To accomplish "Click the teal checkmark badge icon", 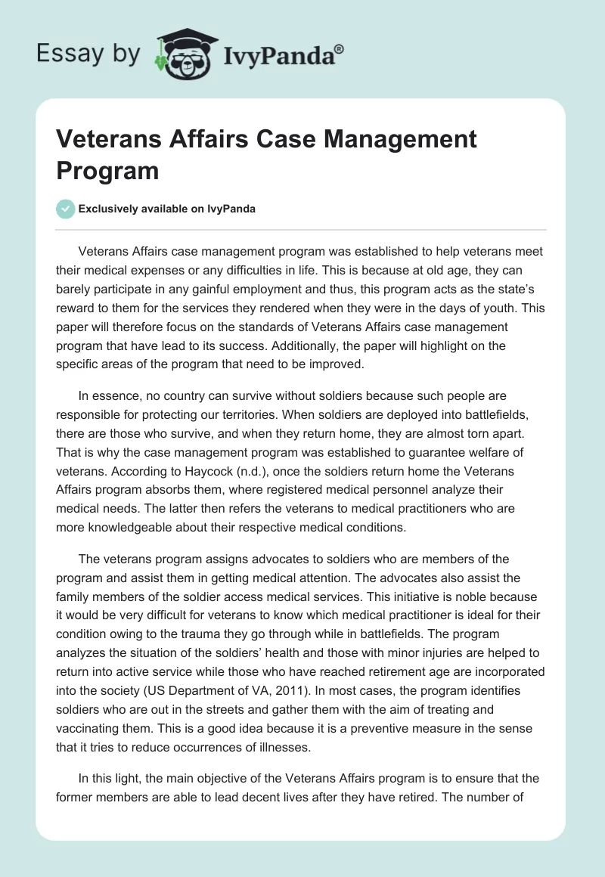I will coord(67,209).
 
